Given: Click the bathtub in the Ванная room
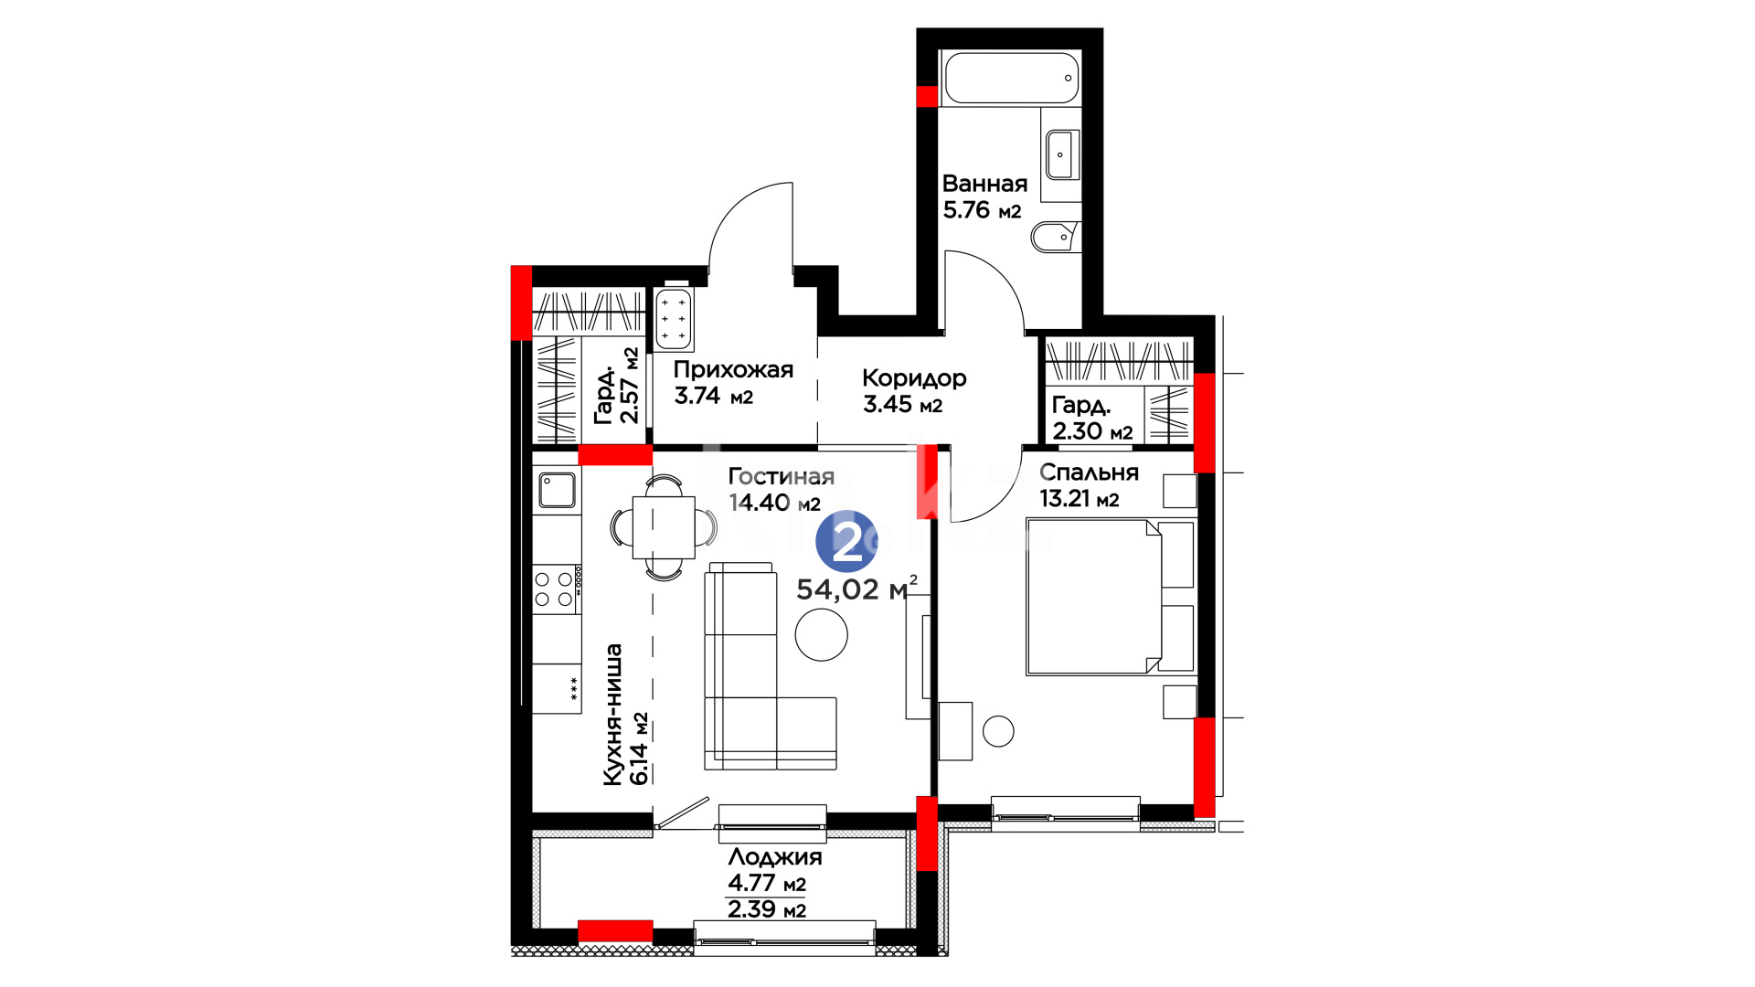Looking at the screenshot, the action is tap(1011, 78).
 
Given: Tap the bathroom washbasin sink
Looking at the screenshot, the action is tap(1060, 154).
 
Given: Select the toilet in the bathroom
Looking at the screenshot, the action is tap(1056, 238).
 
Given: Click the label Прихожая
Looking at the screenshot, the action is tap(733, 370).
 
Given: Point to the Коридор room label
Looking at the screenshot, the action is tap(914, 377).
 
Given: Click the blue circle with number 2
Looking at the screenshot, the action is tap(846, 542).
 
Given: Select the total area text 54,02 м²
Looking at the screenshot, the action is tap(856, 589).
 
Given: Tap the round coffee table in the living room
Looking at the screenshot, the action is tap(821, 634).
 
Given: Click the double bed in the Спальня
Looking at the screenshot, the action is tap(1110, 597).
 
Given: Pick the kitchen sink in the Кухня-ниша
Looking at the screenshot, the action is tap(557, 490).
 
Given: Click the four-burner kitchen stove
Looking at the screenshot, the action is tap(557, 589).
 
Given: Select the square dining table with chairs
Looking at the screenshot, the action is tap(664, 526).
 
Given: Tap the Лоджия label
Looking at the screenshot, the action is tap(775, 857).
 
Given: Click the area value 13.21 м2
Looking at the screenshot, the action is tap(1080, 499).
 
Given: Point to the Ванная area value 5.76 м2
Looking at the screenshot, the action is tap(982, 210).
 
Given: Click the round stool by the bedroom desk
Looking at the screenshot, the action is tap(998, 731).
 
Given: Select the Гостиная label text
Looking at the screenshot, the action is tap(782, 476).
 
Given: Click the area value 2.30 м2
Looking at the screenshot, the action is tap(1092, 431).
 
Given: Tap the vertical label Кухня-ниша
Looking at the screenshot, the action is tap(612, 715).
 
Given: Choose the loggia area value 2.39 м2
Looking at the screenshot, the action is tap(767, 909).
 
